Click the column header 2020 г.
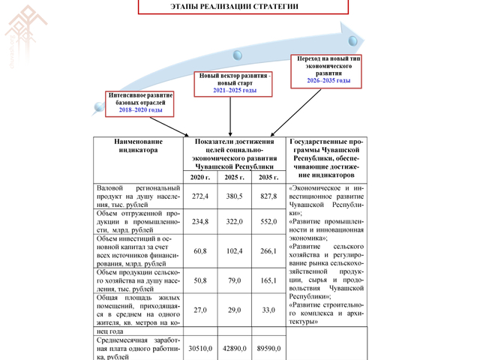[200, 177]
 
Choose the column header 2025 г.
[233, 177]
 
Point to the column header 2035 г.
[267, 177]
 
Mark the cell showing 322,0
[233, 222]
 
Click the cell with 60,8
[200, 250]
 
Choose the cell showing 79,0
[233, 280]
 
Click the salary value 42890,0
[233, 348]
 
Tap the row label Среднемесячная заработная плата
[139, 348]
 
